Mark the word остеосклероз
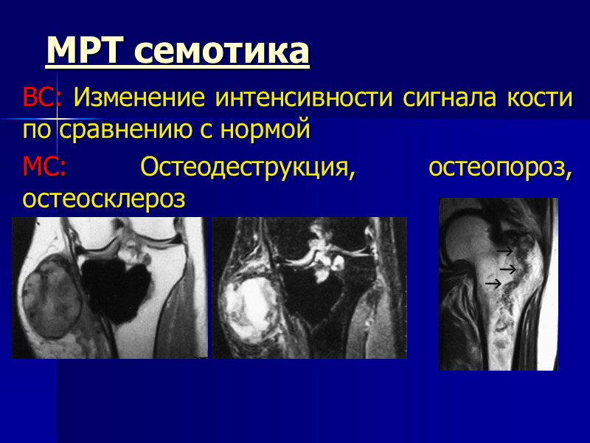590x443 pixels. (x=103, y=199)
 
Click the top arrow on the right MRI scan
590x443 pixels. (x=505, y=253)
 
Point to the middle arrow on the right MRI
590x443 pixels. (x=507, y=269)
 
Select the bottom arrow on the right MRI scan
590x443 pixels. (x=493, y=283)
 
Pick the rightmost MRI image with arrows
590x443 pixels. (x=498, y=284)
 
